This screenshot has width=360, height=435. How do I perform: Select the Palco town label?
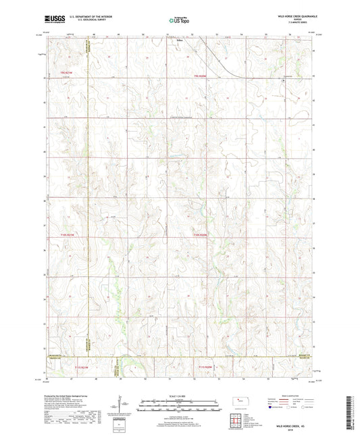point(172,39)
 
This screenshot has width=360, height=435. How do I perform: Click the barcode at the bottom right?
point(351,413)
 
